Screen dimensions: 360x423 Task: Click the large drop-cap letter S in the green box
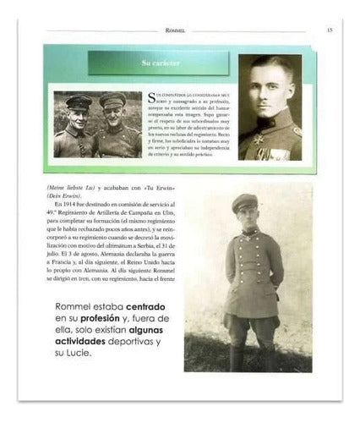point(153,96)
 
